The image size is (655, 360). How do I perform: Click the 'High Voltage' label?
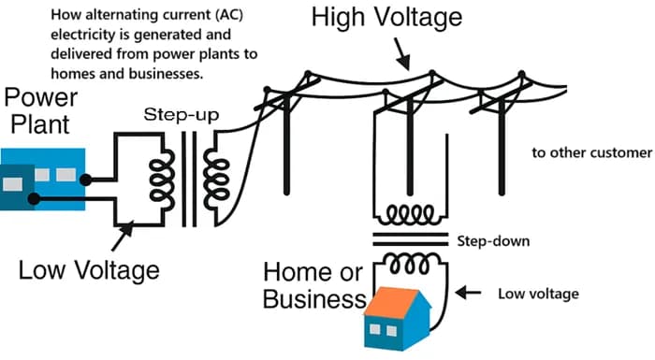click(386, 18)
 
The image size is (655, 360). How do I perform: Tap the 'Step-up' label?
click(182, 115)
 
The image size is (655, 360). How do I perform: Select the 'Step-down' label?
click(493, 241)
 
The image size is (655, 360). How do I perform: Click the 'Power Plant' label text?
click(40, 110)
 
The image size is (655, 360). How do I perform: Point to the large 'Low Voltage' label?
click(89, 270)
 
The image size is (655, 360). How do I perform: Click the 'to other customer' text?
click(591, 152)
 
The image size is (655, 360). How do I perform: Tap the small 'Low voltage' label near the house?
click(538, 294)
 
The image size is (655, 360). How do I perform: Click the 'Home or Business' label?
click(314, 285)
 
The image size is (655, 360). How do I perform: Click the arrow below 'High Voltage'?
click(401, 54)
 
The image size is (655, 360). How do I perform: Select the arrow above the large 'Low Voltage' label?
click(123, 236)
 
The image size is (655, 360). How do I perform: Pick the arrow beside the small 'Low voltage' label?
click(468, 293)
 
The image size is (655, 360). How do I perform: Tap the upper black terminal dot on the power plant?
click(85, 180)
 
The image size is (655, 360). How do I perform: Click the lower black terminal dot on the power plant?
click(34, 199)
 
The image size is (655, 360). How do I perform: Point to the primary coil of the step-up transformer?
click(162, 180)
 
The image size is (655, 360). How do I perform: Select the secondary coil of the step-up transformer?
click(216, 179)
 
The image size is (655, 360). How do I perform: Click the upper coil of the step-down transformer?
click(410, 215)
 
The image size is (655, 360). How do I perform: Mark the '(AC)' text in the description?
click(230, 15)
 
